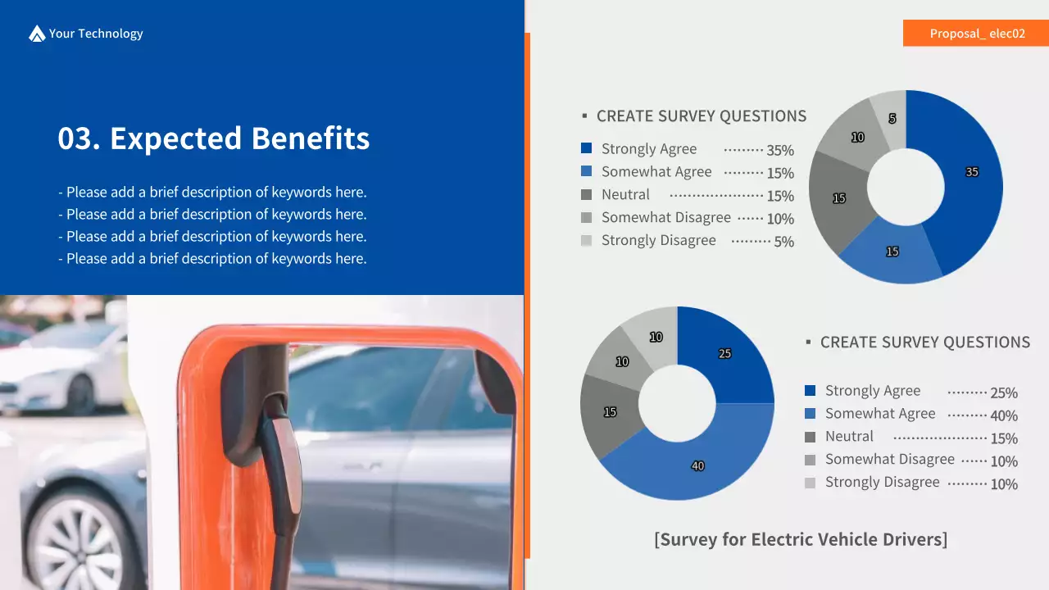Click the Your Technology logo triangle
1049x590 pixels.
coord(37,34)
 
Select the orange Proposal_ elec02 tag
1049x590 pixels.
coord(976,34)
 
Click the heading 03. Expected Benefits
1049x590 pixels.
coord(213,138)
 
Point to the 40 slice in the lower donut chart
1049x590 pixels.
coord(697,463)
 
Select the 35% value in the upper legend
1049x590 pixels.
coord(780,151)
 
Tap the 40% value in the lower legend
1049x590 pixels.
coord(1004,415)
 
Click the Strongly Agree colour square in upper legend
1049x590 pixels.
coord(586,148)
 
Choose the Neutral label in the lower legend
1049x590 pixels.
coord(849,437)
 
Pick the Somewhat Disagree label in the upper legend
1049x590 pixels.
coord(665,218)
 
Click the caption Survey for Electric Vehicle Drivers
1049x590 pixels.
coord(801,539)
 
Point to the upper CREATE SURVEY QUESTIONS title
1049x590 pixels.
coord(701,116)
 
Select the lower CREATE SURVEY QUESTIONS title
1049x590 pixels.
coord(924,343)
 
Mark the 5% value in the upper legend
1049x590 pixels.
coord(783,242)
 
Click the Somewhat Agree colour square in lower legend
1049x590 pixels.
coord(811,414)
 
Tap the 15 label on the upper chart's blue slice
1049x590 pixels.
coord(892,252)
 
